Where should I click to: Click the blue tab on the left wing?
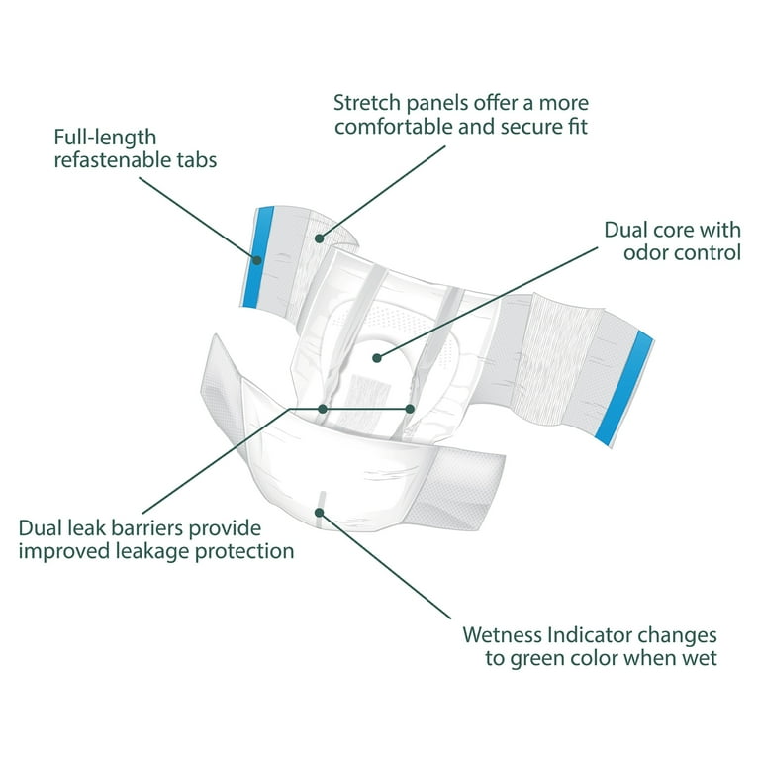258,257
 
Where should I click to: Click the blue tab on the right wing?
624,388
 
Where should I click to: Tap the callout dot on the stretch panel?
319,238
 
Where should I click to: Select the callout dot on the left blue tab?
257,260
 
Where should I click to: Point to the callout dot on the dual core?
377,358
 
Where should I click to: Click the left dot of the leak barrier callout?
323,409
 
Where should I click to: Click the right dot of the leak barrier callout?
410,409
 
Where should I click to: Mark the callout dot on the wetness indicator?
319,513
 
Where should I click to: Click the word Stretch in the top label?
367,103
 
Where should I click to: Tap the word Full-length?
105,138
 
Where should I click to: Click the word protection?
244,552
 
